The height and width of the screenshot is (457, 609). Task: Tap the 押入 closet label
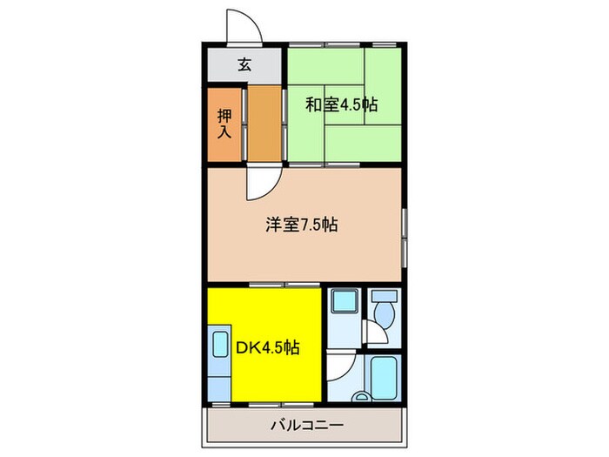point(224,124)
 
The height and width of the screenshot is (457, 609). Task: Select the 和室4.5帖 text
point(341,104)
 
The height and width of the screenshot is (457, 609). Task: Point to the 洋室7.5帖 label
point(302,225)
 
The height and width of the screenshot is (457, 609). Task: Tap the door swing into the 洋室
point(261,181)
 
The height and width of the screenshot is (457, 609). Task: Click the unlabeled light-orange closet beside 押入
point(265,124)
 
